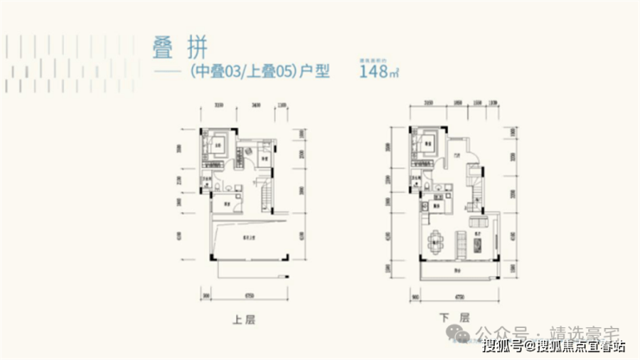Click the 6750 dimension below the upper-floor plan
(249, 292)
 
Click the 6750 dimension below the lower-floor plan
(457, 292)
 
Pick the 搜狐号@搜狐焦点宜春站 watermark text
(554, 349)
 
